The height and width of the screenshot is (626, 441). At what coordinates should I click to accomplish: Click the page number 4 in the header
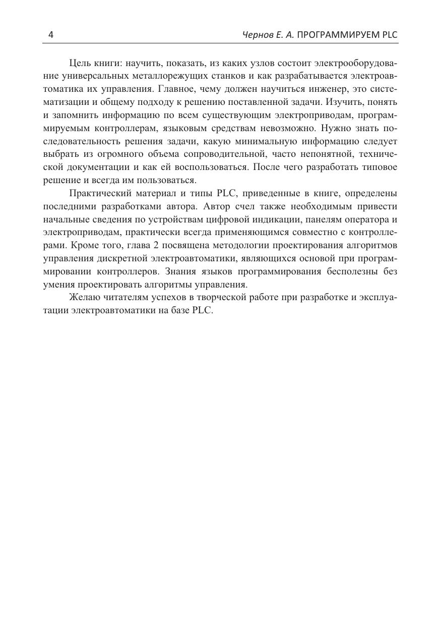(50, 35)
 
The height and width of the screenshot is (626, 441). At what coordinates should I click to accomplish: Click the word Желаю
(84, 297)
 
